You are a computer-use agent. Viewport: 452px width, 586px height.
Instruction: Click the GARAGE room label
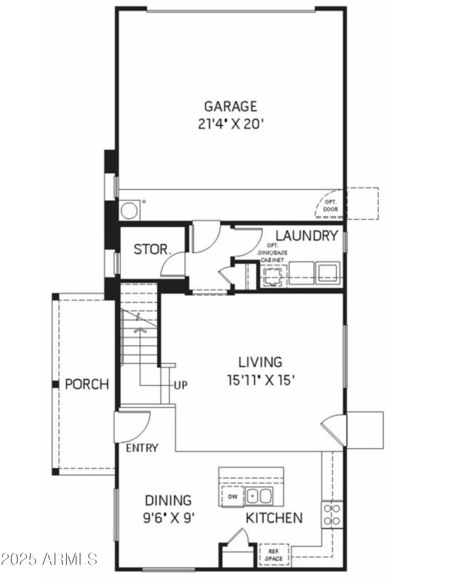[231, 106]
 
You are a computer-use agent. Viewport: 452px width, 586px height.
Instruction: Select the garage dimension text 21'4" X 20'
[231, 124]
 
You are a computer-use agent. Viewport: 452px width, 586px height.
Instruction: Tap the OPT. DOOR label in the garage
[329, 205]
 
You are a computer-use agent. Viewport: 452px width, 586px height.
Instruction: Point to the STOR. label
[149, 249]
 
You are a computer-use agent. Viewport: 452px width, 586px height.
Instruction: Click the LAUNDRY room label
[306, 236]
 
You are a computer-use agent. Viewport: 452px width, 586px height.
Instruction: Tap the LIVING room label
[259, 361]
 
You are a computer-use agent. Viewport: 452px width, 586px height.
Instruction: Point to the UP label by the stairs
[181, 385]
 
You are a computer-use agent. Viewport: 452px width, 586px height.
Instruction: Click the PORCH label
[86, 385]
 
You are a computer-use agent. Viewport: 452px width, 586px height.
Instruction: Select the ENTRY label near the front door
[142, 449]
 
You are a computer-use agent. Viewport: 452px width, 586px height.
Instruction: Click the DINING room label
[168, 500]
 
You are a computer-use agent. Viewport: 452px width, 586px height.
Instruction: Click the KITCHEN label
[273, 518]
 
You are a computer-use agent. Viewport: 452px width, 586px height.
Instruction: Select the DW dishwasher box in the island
[232, 497]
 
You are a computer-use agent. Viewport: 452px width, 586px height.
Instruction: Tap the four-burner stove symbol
[332, 514]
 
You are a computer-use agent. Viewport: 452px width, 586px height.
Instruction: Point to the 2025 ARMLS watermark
[49, 559]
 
